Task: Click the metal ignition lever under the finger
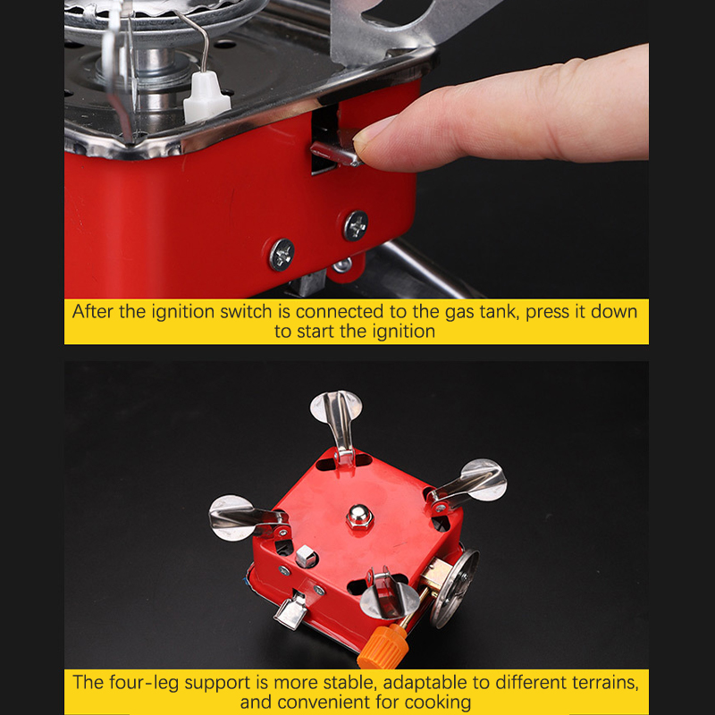[x=336, y=154]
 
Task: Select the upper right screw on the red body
[x=356, y=225]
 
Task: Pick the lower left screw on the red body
[x=282, y=255]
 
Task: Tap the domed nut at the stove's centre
[x=359, y=517]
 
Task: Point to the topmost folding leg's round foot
[x=336, y=407]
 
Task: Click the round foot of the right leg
[x=484, y=480]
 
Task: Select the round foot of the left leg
[x=231, y=518]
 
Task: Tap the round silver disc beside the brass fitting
[x=455, y=588]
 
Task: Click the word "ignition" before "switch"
[x=183, y=312]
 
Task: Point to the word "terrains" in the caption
[x=611, y=683]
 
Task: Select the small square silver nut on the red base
[x=306, y=556]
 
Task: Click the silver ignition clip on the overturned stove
[x=291, y=610]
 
